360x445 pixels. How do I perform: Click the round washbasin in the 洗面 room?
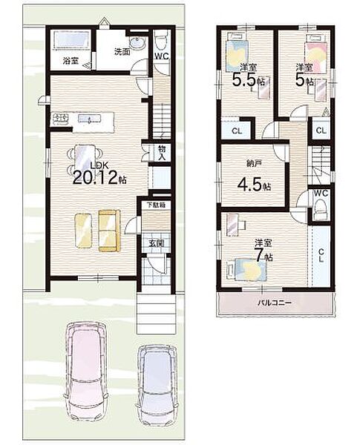tap(137, 42)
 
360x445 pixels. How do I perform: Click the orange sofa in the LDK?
tap(109, 231)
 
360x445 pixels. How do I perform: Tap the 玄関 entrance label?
tap(156, 243)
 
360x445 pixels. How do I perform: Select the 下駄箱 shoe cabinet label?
tap(156, 205)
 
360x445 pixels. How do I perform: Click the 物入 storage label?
tap(162, 152)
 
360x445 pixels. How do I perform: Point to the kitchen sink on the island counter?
tap(89, 119)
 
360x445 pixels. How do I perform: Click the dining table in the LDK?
tap(85, 159)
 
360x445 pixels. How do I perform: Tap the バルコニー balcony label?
tap(274, 303)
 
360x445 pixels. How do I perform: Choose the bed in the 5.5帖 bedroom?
tap(238, 52)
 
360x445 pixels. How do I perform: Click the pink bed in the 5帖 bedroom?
tap(317, 53)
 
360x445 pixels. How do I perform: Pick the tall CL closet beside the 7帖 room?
tap(321, 255)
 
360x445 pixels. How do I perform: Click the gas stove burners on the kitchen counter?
tap(59, 119)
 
